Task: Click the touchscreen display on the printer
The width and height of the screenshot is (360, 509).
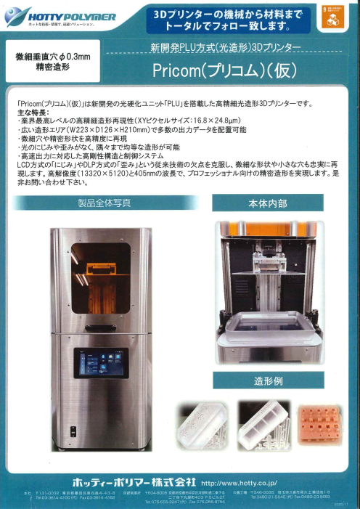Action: (x=100, y=362)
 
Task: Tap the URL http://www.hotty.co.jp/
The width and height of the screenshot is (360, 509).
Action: (x=239, y=481)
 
